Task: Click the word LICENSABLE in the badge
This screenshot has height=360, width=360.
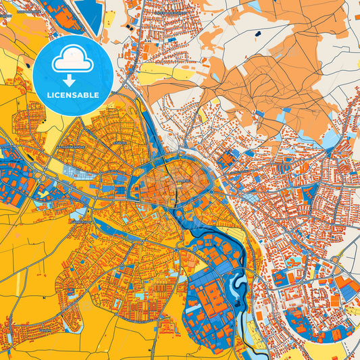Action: [72, 95]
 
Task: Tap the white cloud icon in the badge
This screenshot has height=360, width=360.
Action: [72, 60]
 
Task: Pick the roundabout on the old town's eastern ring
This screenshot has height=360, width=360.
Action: [211, 192]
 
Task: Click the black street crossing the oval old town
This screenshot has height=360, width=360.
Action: [176, 192]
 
